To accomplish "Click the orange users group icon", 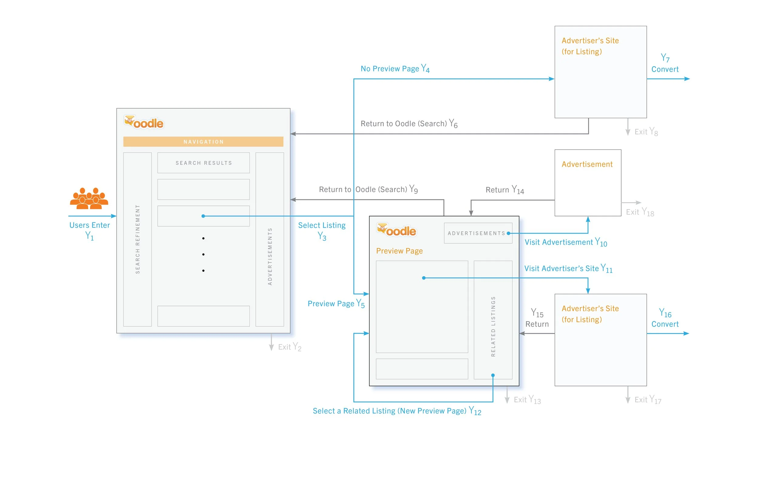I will click(x=89, y=198).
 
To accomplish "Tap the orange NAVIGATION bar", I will click(x=203, y=142).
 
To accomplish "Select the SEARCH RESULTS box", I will click(x=203, y=163).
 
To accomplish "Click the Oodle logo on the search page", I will click(x=144, y=122).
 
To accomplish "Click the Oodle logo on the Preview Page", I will click(x=396, y=230).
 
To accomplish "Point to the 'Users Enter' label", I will click(x=90, y=225).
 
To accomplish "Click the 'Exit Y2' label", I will click(x=289, y=347).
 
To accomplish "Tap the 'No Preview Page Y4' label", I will click(x=395, y=68).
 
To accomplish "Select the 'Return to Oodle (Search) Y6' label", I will click(x=409, y=123).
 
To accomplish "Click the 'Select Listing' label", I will click(x=322, y=226).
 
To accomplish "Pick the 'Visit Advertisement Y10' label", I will click(x=566, y=242).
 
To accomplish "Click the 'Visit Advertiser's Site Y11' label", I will click(x=568, y=268).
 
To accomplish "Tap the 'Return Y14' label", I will click(x=504, y=190).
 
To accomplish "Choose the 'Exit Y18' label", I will click(x=640, y=212).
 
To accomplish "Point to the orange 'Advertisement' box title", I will click(x=587, y=164).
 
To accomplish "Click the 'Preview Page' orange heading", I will click(x=399, y=251).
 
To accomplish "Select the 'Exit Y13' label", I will click(x=527, y=400).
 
